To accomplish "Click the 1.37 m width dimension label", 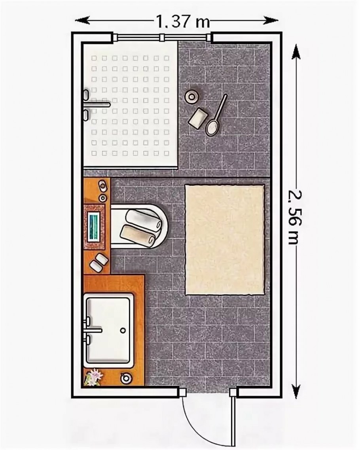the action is pyautogui.click(x=183, y=21).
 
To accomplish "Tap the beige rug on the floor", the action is pyautogui.click(x=225, y=240).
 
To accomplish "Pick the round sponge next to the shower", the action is pyautogui.click(x=191, y=96).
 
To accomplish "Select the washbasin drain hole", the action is pyautogui.click(x=124, y=330).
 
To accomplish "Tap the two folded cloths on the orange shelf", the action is pyautogui.click(x=99, y=262).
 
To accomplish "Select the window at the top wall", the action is pyautogui.click(x=162, y=37).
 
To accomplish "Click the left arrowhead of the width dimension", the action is pyautogui.click(x=81, y=21).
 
